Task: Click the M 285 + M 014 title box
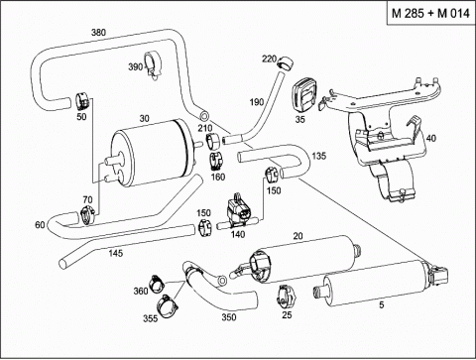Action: (x=430, y=13)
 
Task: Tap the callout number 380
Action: (x=98, y=32)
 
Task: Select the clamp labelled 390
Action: (x=153, y=65)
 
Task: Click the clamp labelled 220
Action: (x=286, y=62)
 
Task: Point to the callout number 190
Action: (x=257, y=102)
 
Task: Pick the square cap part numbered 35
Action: (x=303, y=97)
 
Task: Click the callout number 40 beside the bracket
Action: (x=431, y=138)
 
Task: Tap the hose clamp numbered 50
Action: (x=82, y=101)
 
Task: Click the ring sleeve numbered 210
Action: (x=213, y=142)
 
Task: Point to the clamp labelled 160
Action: (x=216, y=161)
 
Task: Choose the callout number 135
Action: (x=318, y=156)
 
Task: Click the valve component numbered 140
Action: (x=237, y=211)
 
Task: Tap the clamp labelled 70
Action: (x=88, y=215)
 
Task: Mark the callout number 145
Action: (x=115, y=253)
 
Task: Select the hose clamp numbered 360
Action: (x=157, y=284)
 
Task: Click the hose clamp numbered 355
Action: (x=167, y=303)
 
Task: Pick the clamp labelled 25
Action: (x=287, y=296)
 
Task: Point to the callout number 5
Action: (x=382, y=304)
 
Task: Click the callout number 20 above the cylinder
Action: (x=297, y=236)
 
